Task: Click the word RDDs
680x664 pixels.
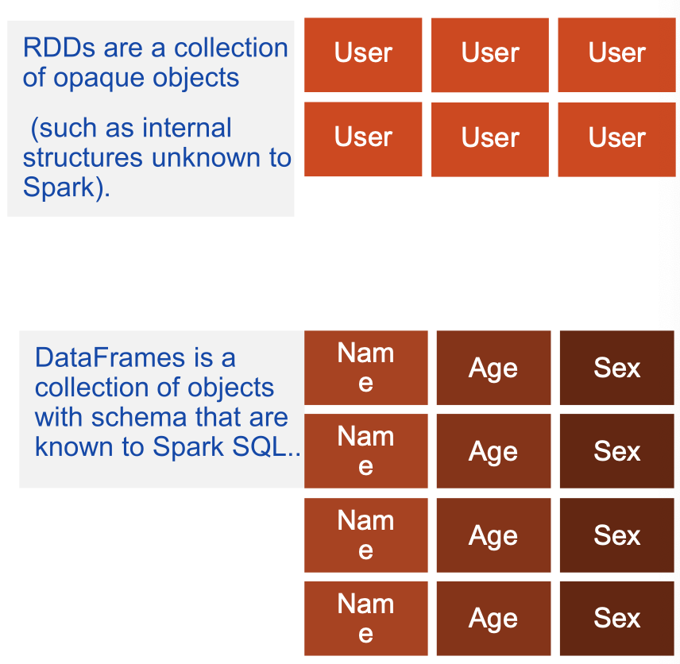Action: [x=59, y=48]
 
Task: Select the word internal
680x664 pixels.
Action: [x=187, y=128]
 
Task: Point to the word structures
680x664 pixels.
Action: [x=83, y=158]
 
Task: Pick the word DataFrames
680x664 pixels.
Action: [x=110, y=357]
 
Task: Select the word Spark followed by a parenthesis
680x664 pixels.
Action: [x=67, y=187]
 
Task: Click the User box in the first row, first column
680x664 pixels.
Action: [x=363, y=55]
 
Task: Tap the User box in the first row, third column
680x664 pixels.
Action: [x=616, y=55]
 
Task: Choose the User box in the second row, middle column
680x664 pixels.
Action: [x=490, y=140]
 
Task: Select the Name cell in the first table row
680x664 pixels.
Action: [x=366, y=368]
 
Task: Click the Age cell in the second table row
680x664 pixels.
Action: [x=493, y=451]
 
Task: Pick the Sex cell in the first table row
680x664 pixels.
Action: [x=617, y=368]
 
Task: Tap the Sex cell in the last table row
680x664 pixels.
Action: [x=617, y=619]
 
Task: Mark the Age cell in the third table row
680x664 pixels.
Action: [x=493, y=535]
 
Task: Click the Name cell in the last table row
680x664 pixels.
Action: [x=366, y=619]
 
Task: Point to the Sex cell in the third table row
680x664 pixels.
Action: [x=617, y=535]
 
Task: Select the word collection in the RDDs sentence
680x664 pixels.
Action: [x=230, y=48]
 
